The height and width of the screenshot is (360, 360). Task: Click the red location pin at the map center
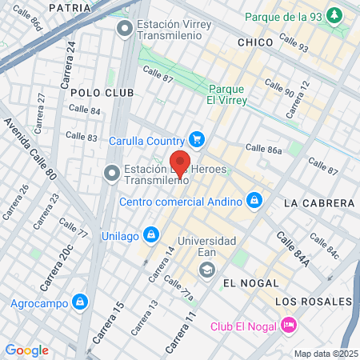(x=180, y=162)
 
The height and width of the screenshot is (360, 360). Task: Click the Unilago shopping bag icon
(x=149, y=235)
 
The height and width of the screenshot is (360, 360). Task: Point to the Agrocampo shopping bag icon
(x=79, y=302)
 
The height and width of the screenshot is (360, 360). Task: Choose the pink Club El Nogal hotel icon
(x=289, y=325)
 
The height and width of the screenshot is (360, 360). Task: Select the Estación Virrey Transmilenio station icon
(x=124, y=30)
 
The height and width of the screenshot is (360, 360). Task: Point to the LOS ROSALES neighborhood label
(x=313, y=301)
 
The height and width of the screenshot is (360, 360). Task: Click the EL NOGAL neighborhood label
(x=251, y=283)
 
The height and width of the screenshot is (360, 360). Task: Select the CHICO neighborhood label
(x=256, y=42)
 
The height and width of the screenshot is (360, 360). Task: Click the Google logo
(x=26, y=350)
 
